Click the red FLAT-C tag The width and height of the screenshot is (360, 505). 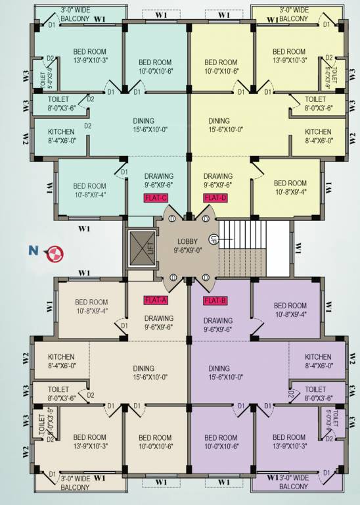tap(156, 197)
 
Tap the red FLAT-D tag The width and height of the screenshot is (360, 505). tap(215, 197)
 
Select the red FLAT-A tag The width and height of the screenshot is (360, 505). tap(156, 301)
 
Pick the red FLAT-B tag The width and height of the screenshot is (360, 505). tap(215, 301)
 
